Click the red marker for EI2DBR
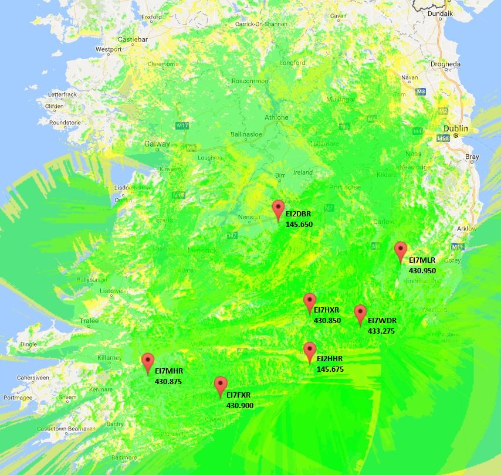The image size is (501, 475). pos(279,209)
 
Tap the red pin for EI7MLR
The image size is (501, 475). pos(401,250)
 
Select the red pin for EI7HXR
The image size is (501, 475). pos(310,302)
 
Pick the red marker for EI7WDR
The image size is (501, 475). pos(360,314)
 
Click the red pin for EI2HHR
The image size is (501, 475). pos(310,351)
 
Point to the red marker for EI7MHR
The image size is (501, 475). pos(148,362)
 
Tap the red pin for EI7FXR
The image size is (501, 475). pos(221,385)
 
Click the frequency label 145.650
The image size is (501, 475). pos(299,224)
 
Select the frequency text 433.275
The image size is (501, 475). pos(381,331)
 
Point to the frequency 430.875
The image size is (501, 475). pos(168,381)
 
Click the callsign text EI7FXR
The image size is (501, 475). pos(239,395)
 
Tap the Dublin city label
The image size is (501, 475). pos(456,128)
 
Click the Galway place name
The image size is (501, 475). pos(157,144)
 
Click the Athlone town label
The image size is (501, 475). pos(276,117)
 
